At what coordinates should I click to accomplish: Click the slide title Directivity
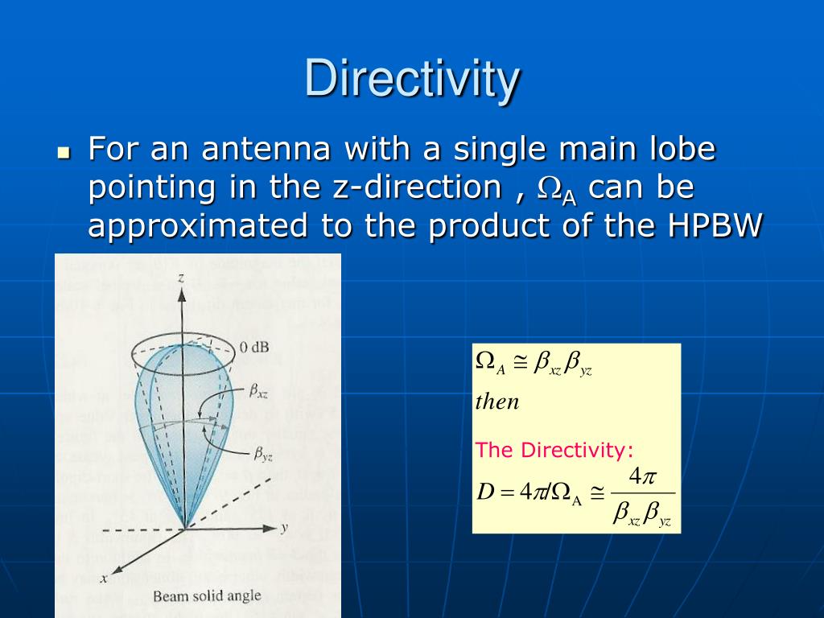click(412, 80)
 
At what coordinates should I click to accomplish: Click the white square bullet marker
click(64, 152)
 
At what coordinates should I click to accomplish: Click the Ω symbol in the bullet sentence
click(550, 188)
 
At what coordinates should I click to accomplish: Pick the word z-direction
click(417, 187)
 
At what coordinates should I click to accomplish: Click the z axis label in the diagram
click(182, 278)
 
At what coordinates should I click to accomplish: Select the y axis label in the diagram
click(284, 528)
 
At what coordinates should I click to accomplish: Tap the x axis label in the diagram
click(104, 578)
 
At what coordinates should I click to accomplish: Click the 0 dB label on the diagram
click(253, 348)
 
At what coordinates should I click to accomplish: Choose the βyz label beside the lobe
click(263, 455)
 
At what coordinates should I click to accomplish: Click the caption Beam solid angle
click(207, 596)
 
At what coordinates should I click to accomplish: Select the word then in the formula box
click(497, 402)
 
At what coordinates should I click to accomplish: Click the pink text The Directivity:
click(554, 450)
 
